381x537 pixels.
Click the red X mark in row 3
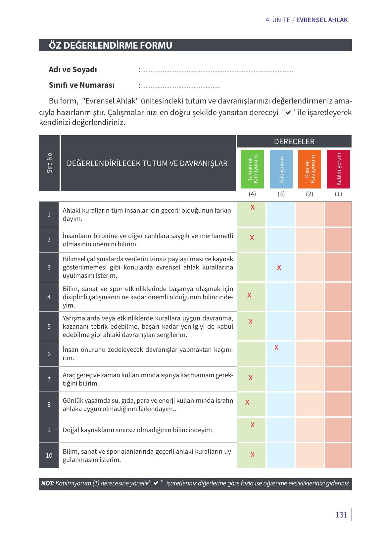click(x=279, y=268)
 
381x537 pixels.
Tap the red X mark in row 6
click(x=276, y=348)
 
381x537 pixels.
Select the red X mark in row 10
click(x=253, y=455)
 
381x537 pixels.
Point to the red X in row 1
click(x=253, y=207)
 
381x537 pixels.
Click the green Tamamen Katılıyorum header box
click(x=252, y=169)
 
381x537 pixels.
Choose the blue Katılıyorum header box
click(x=281, y=169)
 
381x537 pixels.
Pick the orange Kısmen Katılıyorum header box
click(x=310, y=169)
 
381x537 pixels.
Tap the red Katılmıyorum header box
click(x=338, y=169)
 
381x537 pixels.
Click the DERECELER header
click(x=294, y=142)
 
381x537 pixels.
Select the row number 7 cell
click(x=49, y=379)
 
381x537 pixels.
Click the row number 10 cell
click(x=49, y=455)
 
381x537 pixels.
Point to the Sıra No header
click(x=49, y=163)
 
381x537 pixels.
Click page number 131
click(x=341, y=515)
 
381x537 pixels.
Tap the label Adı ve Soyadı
click(x=73, y=70)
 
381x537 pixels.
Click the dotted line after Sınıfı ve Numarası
click(x=180, y=87)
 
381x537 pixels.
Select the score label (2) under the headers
click(x=310, y=194)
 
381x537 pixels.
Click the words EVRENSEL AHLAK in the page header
click(x=322, y=20)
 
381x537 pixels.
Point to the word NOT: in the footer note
click(x=47, y=483)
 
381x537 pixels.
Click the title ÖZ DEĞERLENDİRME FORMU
click(x=111, y=45)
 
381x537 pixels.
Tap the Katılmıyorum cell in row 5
click(x=338, y=326)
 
